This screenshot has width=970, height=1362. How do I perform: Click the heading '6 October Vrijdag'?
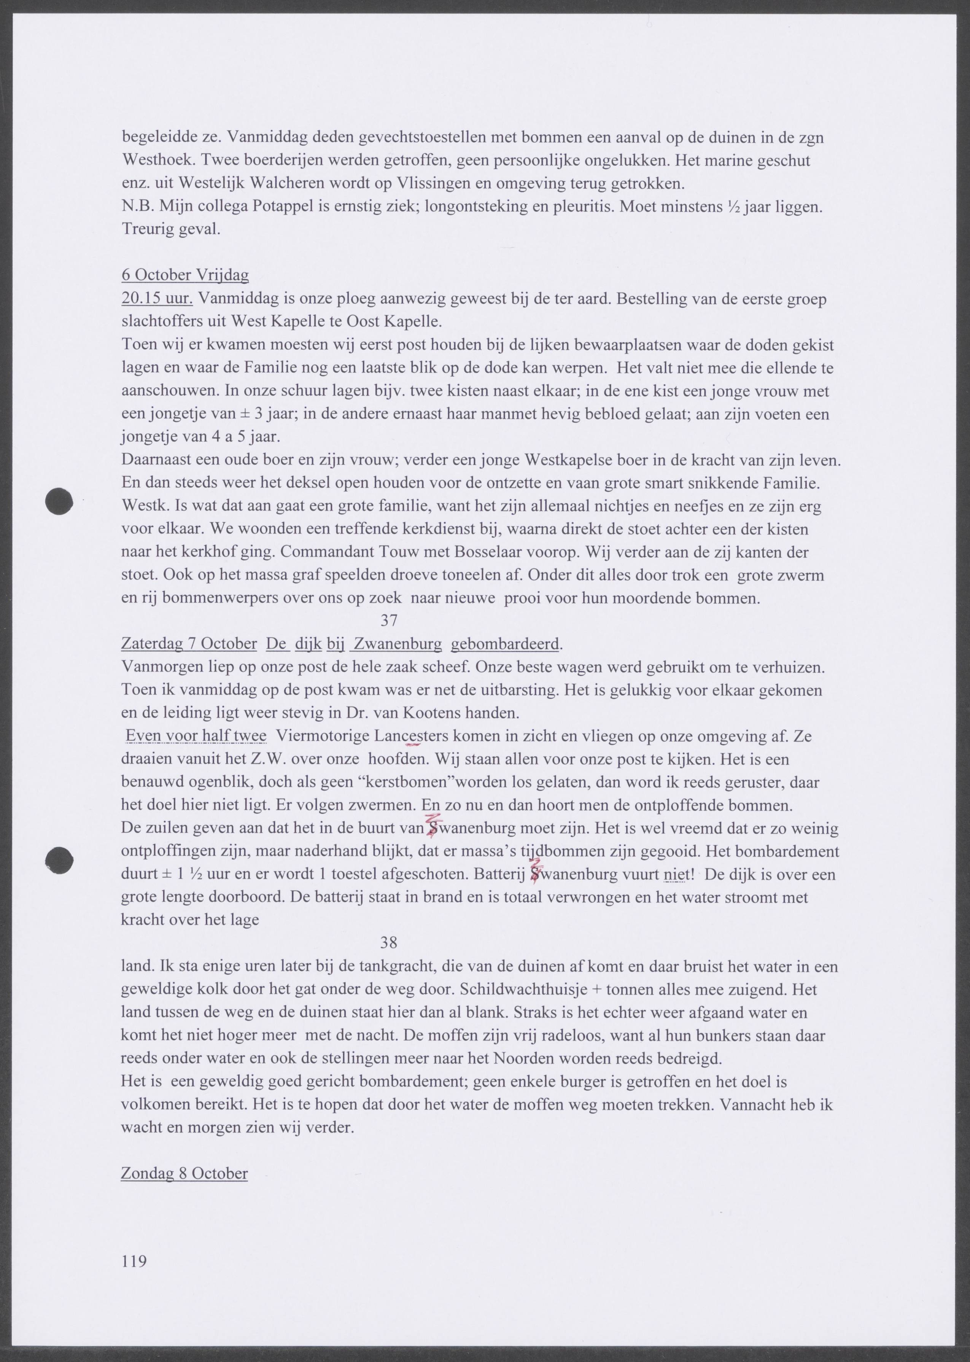[x=185, y=275]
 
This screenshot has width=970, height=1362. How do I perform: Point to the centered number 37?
[x=389, y=621]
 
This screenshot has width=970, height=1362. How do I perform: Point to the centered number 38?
[x=389, y=943]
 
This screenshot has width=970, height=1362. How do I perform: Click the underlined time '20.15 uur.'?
[x=156, y=299]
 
